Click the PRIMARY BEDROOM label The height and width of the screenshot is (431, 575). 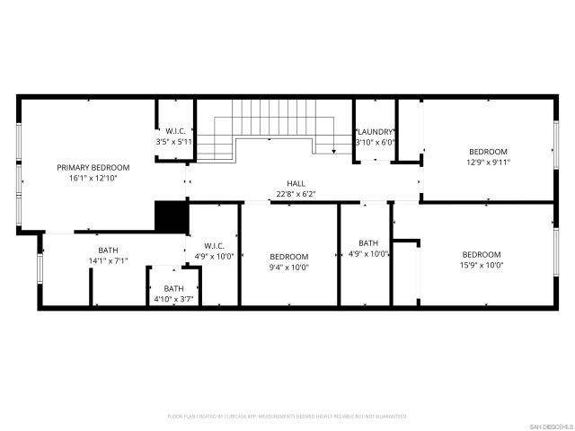tap(93, 168)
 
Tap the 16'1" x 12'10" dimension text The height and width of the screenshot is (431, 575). tap(93, 179)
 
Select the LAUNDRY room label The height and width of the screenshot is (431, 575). tap(374, 131)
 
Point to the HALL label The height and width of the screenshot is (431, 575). tap(296, 182)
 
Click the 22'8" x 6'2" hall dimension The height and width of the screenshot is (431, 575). tap(296, 193)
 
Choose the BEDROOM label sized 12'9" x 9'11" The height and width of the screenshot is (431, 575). tap(488, 152)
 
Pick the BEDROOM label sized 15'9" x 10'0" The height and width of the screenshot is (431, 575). tap(482, 254)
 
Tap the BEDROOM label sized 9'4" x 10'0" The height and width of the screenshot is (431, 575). tap(289, 256)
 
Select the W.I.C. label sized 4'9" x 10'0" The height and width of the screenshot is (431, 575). tap(214, 245)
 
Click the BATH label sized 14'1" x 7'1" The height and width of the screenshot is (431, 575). tap(108, 251)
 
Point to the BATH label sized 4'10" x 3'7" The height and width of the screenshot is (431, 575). tap(173, 288)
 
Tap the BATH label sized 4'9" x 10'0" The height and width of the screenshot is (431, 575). tap(368, 242)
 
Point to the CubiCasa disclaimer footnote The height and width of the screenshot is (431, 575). tap(287, 417)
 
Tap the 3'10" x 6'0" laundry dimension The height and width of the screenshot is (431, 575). tap(374, 142)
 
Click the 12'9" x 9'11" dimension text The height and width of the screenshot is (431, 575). tap(488, 163)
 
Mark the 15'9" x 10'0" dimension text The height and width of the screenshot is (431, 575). tap(482, 265)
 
